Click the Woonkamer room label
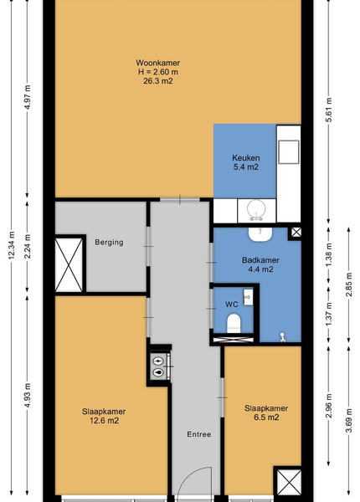(158, 63)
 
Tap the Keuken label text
(245, 158)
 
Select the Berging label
(109, 243)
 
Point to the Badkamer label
(260, 260)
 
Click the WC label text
(232, 305)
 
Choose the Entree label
(199, 434)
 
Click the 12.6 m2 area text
(104, 421)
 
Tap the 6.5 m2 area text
(266, 417)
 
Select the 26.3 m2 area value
(158, 81)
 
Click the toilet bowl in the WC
(234, 323)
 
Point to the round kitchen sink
(256, 210)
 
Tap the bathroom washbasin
(260, 234)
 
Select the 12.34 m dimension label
(12, 245)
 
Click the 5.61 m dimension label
(329, 110)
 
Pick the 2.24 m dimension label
(28, 246)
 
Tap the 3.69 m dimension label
(349, 420)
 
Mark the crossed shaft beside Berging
(69, 264)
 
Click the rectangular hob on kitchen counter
(289, 152)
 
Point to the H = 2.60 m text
(158, 72)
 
